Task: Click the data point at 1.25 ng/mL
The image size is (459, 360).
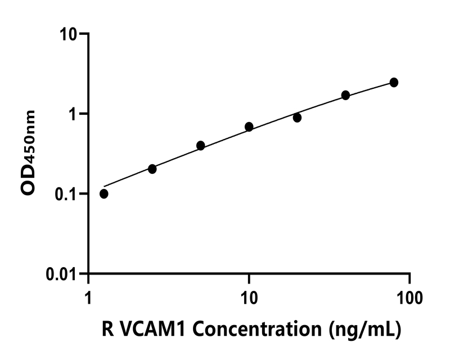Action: tap(104, 193)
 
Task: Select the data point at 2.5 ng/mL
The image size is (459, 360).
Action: tap(152, 169)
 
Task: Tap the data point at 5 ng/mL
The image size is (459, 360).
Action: tap(201, 145)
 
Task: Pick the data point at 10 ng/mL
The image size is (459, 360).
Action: tap(249, 127)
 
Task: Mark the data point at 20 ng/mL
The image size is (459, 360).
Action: tap(297, 118)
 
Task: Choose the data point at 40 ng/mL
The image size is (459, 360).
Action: tap(345, 95)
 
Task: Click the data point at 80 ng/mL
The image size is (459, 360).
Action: tap(394, 82)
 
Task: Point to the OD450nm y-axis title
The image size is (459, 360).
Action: tap(28, 152)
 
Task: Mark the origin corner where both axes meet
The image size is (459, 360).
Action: tap(88, 274)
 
